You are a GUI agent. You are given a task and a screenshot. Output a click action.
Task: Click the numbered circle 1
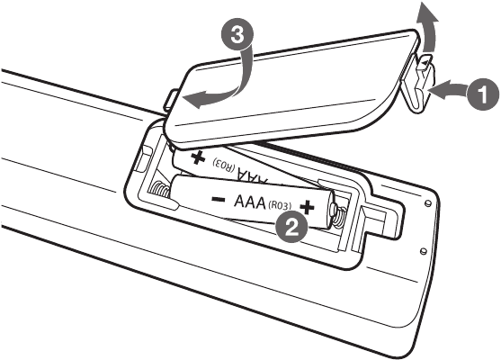[484, 94]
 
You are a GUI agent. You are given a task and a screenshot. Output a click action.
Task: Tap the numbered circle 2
[291, 228]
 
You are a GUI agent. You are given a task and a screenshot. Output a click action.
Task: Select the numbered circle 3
[237, 35]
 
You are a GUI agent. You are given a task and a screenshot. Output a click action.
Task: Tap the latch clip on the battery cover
[417, 82]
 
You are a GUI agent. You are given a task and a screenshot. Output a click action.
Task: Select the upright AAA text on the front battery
[250, 202]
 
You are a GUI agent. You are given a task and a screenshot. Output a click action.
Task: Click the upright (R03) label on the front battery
[280, 205]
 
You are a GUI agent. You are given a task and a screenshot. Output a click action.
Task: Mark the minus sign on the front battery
[219, 200]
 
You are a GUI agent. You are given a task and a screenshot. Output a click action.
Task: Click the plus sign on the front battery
[307, 207]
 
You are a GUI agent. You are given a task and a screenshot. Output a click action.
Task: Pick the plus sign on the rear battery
[198, 157]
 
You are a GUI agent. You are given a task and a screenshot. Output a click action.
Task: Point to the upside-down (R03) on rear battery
[224, 164]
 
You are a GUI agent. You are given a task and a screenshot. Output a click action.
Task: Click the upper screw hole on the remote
[429, 202]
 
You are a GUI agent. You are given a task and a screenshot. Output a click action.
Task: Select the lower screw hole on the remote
[424, 250]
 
